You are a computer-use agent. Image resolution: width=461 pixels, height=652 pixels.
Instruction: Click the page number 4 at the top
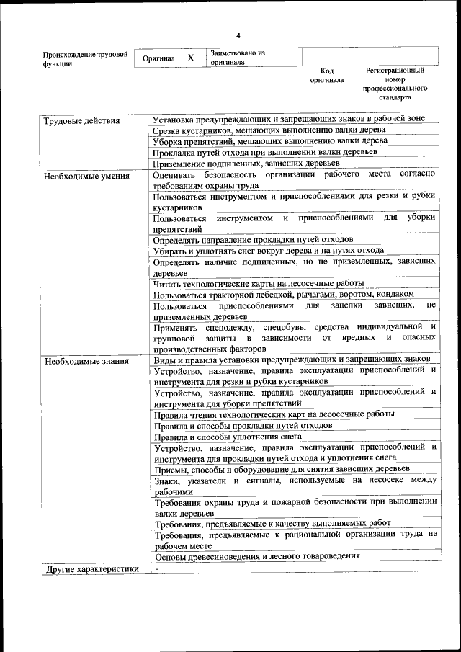[x=238, y=35]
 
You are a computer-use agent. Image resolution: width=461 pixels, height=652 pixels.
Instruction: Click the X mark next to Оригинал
[x=190, y=57]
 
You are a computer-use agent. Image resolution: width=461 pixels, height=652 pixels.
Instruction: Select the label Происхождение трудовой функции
[x=85, y=58]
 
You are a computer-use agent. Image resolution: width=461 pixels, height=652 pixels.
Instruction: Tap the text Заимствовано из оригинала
[x=238, y=58]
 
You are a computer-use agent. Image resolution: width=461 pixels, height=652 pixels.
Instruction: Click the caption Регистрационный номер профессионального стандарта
[x=395, y=84]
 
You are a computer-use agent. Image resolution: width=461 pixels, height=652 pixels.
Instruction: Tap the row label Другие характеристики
[x=91, y=568]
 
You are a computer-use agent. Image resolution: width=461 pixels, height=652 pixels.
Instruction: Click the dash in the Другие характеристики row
[x=156, y=568]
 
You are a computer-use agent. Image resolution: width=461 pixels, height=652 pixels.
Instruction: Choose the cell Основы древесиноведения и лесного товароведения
[x=257, y=556]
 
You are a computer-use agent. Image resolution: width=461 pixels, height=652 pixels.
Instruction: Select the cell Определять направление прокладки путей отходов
[x=253, y=239]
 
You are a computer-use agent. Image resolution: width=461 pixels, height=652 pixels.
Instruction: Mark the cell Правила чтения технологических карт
[x=274, y=414]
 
